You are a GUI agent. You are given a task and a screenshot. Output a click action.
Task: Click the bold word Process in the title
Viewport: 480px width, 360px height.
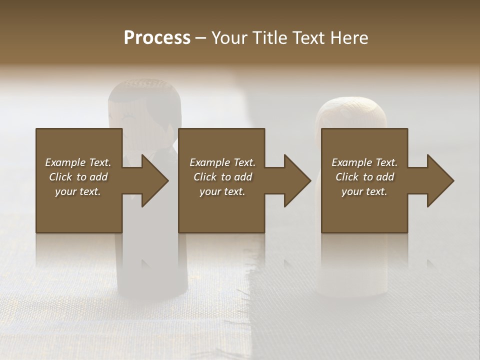coord(157,38)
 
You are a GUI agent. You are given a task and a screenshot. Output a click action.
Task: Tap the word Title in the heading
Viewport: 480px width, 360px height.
coord(270,38)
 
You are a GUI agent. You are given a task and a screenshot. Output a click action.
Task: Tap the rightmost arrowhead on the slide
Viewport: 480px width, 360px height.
coord(439,180)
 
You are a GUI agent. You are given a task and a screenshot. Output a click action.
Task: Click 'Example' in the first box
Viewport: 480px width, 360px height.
coord(65,162)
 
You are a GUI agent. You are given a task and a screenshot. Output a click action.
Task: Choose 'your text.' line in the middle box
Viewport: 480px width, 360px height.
coord(222,191)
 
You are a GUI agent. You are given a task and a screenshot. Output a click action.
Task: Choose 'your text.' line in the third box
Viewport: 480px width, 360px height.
coord(364,191)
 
